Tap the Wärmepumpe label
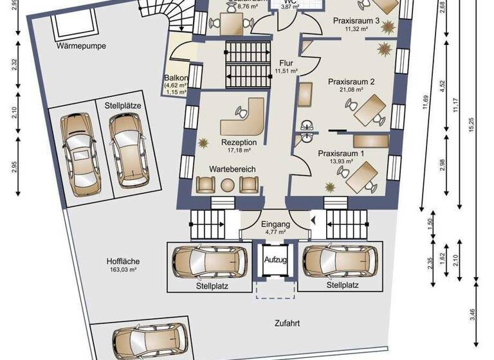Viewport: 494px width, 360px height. point(80,46)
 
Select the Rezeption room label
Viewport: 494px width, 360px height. point(239,142)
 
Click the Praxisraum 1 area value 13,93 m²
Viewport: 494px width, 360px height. point(340,162)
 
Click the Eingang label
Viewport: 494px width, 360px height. point(276,224)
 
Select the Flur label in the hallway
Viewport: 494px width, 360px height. point(286,62)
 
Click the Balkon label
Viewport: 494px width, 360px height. point(176,78)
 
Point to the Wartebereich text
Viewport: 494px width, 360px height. point(232,168)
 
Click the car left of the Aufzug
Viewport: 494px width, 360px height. point(210,261)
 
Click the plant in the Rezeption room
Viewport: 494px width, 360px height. point(204,141)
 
